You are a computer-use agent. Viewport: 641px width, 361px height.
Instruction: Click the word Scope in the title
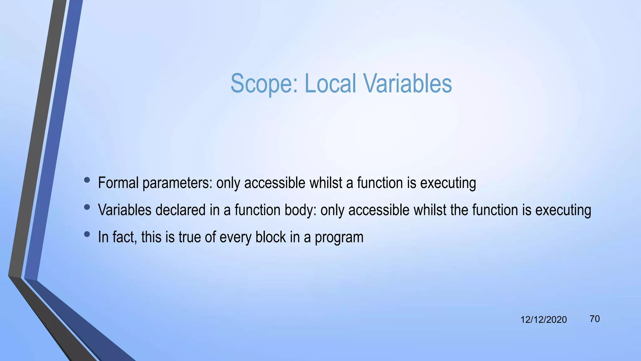pos(264,84)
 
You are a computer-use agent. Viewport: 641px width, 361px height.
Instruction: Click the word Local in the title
pos(330,84)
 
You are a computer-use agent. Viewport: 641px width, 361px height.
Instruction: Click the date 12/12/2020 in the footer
pos(543,320)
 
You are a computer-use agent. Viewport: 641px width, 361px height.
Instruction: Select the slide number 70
pos(594,319)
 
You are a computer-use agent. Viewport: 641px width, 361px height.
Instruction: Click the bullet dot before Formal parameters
pos(87,180)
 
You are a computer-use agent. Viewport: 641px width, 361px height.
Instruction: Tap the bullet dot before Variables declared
pos(87,207)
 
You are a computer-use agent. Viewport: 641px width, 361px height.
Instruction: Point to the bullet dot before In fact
pos(87,234)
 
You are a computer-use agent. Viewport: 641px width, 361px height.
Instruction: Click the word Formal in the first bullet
pos(118,183)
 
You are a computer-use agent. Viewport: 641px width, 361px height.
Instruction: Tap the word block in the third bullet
pos(270,237)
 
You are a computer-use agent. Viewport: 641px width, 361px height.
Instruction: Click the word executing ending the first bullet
pos(448,183)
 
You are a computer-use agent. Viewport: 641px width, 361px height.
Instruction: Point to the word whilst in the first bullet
pos(326,183)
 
